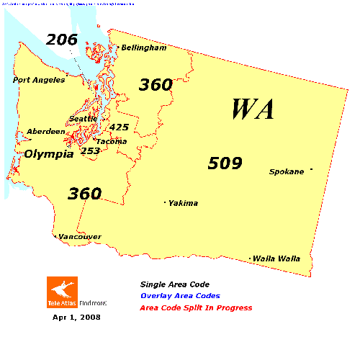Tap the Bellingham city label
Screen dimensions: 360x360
143,48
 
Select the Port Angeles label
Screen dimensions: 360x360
38,80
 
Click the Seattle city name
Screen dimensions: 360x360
83,119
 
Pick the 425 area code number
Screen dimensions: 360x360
119,127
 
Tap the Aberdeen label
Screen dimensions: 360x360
45,132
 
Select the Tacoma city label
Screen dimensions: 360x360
112,141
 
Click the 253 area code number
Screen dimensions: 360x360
90,150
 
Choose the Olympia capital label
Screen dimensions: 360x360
49,154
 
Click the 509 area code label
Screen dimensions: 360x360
225,163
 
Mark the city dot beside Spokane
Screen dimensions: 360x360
311,170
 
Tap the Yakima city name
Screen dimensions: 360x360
183,203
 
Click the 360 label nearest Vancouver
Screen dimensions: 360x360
84,194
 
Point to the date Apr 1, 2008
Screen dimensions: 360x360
76,317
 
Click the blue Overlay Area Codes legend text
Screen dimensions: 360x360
181,296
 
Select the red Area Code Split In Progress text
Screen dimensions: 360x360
197,308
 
